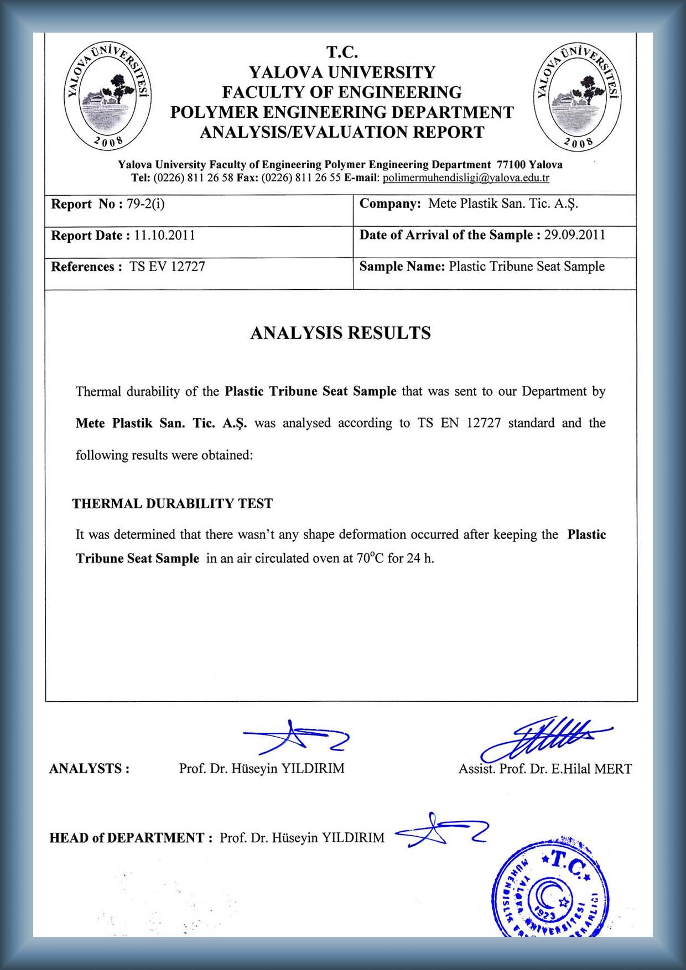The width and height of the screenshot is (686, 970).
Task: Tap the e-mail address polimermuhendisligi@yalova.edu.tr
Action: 466,178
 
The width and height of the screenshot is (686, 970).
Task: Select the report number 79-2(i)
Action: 145,204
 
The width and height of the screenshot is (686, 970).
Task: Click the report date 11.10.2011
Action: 164,236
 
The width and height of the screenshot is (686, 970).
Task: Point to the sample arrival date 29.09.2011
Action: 575,235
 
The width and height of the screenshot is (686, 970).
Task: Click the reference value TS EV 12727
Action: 167,267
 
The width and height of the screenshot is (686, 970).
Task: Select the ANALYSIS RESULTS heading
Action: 340,333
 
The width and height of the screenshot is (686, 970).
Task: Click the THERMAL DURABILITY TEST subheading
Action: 173,504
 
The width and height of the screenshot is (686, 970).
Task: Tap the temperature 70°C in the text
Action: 370,558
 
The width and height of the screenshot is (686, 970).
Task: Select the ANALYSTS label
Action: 89,769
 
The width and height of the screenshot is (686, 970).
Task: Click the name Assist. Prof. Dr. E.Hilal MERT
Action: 545,769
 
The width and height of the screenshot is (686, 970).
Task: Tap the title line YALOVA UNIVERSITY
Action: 342,72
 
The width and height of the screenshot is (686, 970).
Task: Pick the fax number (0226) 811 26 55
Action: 301,178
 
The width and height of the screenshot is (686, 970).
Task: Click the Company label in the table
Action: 390,204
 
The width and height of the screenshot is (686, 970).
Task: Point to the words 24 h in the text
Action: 420,558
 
